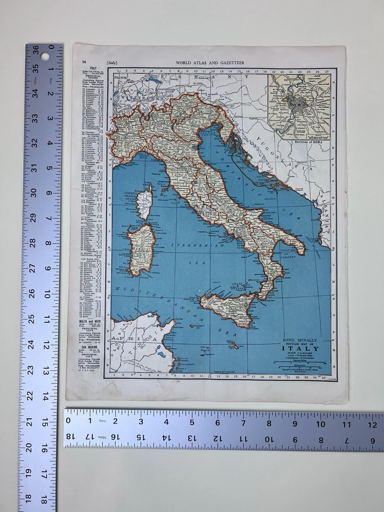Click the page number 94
click(84, 62)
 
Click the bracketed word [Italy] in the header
click(112, 63)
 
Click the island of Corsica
click(144, 202)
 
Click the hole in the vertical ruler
click(44, 56)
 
